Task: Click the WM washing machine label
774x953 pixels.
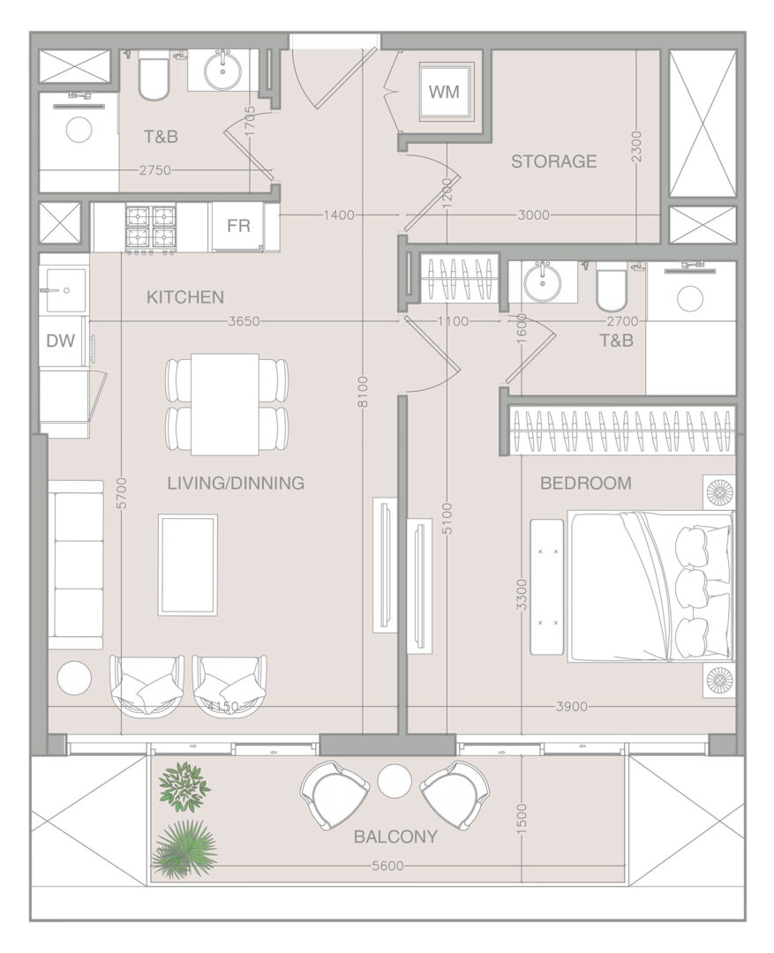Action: [444, 93]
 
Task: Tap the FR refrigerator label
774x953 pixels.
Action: [238, 226]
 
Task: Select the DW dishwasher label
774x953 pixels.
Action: [61, 341]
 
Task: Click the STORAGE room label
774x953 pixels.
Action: [553, 161]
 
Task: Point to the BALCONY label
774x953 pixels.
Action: [395, 837]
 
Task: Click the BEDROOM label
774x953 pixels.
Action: [585, 484]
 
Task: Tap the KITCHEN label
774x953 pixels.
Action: [185, 297]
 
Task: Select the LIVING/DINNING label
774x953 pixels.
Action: [236, 484]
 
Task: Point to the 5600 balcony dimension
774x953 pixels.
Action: [387, 866]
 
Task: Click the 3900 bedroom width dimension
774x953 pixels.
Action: [572, 706]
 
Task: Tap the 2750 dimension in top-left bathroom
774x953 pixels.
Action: [155, 171]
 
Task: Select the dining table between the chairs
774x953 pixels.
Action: [226, 404]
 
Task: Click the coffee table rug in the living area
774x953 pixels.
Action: [188, 565]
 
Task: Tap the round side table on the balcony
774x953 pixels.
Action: [395, 781]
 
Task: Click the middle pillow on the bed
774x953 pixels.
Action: [693, 587]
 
